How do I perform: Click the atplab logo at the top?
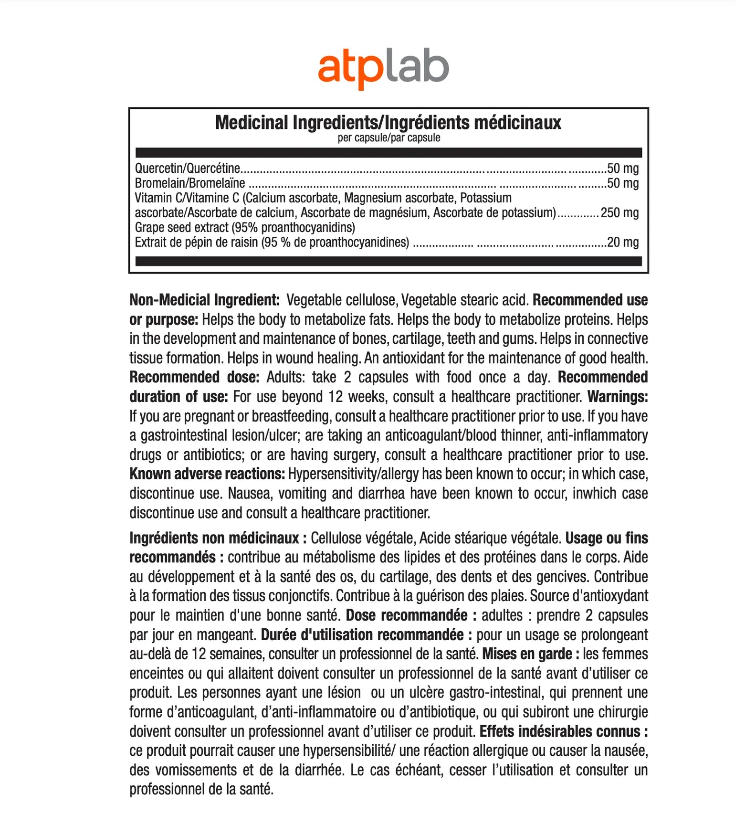383,68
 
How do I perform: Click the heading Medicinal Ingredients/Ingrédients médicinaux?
388,123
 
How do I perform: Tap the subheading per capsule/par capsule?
388,138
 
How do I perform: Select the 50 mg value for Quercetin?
622,168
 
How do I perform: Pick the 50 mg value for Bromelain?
622,183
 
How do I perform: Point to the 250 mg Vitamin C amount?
619,212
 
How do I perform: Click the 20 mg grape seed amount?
622,242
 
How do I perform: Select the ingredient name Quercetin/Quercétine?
187,168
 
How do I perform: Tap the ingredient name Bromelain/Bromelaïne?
189,183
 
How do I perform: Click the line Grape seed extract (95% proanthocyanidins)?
245,227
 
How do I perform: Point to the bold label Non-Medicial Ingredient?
204,300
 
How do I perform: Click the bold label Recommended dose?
194,377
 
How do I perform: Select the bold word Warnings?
618,396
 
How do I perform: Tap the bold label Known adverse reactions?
207,474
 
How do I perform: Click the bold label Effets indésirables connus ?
563,731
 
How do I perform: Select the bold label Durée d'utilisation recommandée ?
367,634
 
